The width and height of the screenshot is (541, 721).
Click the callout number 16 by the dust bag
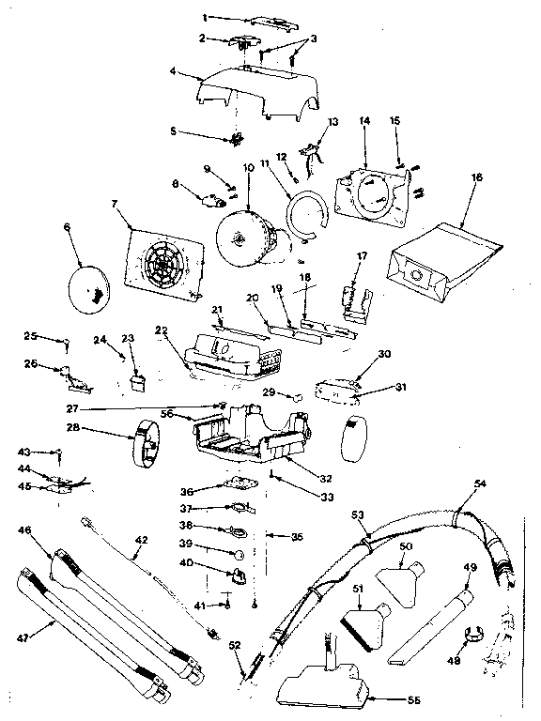coord(476,176)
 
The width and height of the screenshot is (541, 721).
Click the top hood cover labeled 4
coord(258,94)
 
